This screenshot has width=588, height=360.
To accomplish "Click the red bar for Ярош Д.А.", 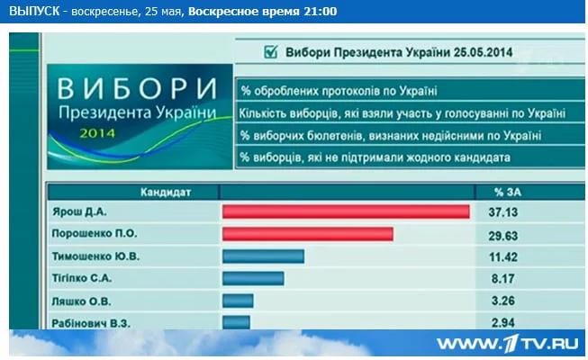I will point(346,211).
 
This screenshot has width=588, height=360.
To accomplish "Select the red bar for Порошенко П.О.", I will point(308,234).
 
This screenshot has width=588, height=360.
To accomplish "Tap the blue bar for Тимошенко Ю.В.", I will point(263,256).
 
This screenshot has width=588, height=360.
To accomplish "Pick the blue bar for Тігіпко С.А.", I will point(253,278).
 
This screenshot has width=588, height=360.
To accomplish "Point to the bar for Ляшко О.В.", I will point(238,301).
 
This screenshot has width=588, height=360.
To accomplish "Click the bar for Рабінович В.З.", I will point(236,321).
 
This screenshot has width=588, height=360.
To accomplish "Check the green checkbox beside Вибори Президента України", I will point(269,52).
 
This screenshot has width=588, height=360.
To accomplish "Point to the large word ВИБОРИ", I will point(138,90).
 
